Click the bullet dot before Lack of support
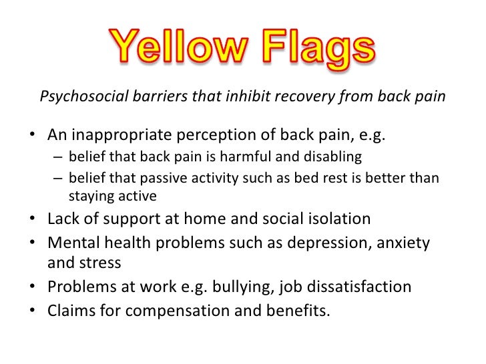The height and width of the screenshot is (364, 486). [33, 220]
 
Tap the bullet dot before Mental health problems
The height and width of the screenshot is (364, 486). [33, 243]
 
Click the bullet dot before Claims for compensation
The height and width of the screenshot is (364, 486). [33, 310]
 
